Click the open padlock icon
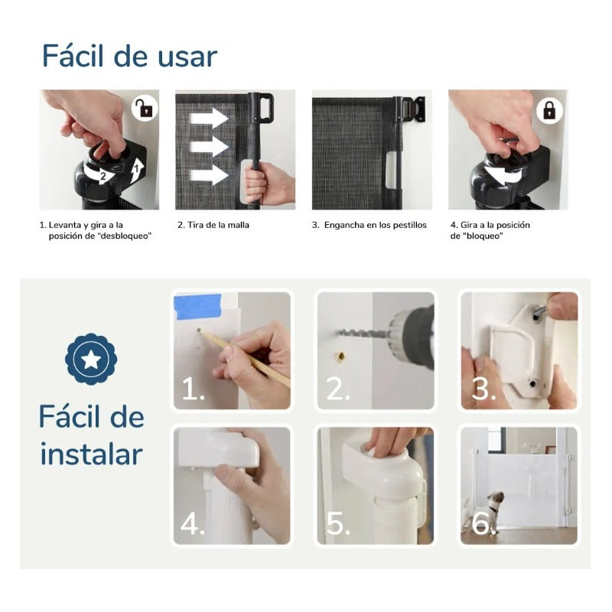145,109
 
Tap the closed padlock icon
549,110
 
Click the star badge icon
91,359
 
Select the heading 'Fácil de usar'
129,56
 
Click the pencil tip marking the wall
199,330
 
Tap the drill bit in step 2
363,334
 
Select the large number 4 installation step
192,523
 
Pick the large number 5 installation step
337,523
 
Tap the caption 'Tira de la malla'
218,225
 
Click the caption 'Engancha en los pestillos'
375,225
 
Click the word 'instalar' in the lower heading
92,454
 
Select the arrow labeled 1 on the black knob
136,170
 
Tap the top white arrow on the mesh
209,118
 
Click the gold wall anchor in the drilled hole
340,356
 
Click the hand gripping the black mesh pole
268,184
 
